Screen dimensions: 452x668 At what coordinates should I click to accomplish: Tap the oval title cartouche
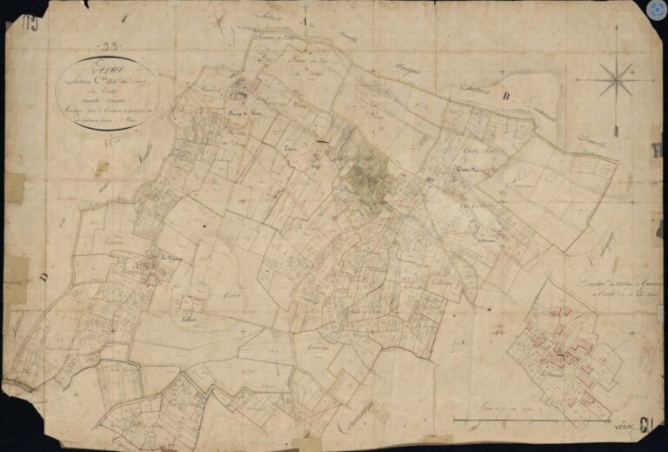(107, 92)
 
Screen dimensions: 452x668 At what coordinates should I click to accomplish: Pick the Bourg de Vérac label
(244, 114)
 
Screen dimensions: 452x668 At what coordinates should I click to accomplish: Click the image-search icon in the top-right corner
(655, 10)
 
